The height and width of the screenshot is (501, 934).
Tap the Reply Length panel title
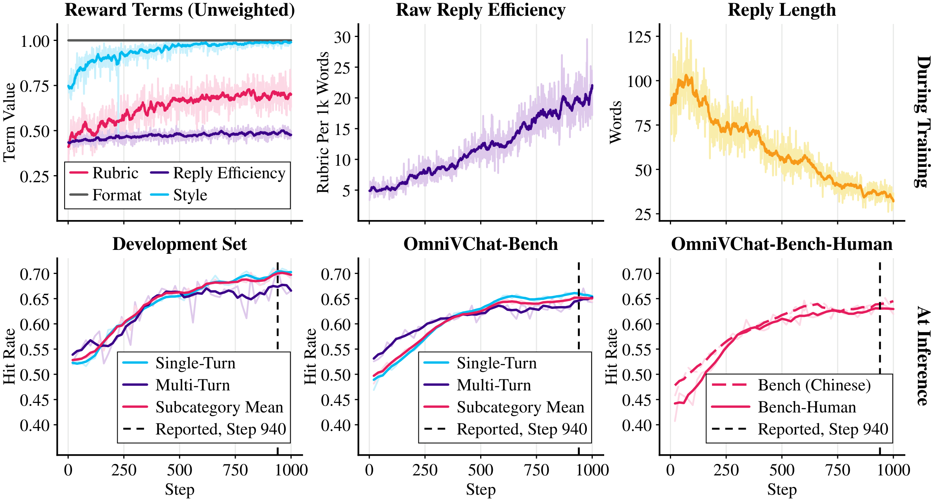782,10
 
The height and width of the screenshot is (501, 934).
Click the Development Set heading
179,244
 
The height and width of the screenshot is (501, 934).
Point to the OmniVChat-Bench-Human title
782,244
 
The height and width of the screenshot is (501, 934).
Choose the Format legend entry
105,195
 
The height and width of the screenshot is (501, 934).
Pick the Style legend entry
179,195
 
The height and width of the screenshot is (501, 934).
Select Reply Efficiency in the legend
218,173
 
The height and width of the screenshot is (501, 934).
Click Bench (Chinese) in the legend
792,385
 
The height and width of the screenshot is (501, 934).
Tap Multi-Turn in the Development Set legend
176,385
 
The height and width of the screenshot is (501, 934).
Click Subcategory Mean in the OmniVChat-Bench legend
504,407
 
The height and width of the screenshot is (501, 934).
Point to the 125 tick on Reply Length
640,37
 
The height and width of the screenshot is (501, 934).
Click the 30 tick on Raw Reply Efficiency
342,37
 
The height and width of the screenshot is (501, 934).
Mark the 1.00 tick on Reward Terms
35,41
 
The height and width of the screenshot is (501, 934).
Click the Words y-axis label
616,122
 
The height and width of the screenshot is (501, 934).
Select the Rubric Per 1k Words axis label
323,122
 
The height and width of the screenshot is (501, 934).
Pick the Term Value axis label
9,122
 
